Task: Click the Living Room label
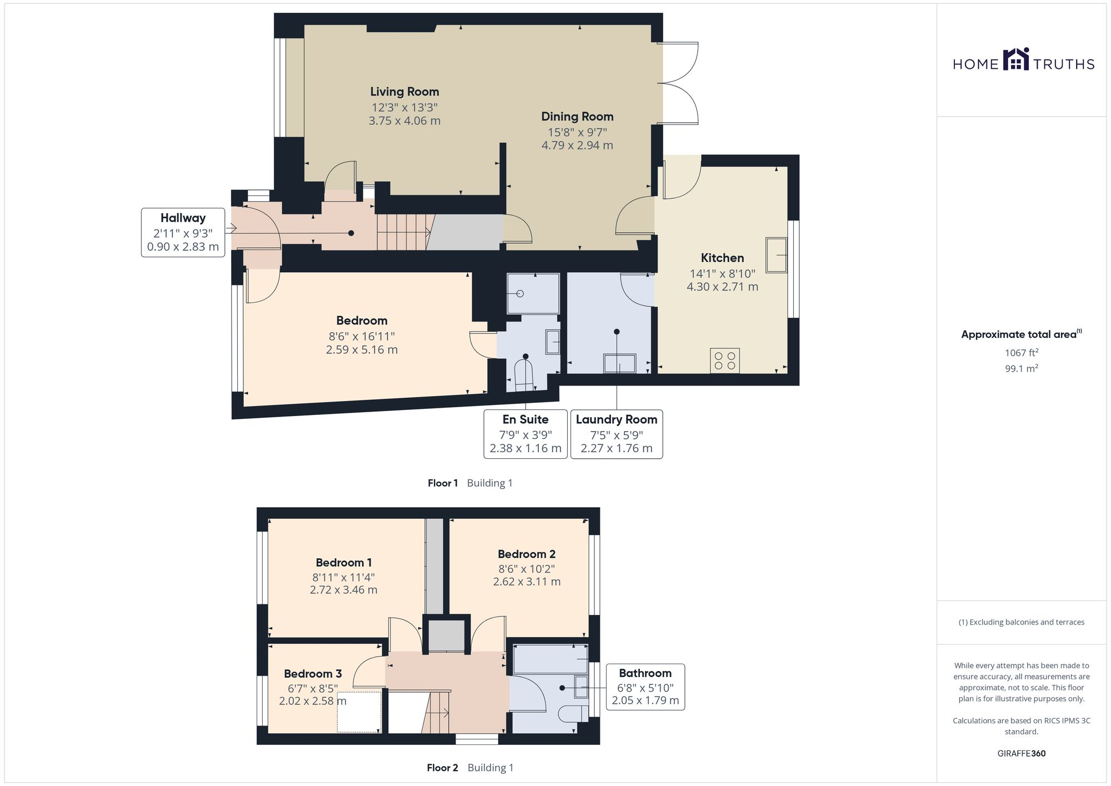pyautogui.click(x=404, y=92)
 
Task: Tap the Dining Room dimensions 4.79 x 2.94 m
pyautogui.click(x=577, y=146)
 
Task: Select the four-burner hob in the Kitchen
pyautogui.click(x=725, y=361)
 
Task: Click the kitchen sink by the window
pyautogui.click(x=777, y=255)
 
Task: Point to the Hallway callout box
pyautogui.click(x=183, y=232)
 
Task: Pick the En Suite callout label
pyautogui.click(x=526, y=419)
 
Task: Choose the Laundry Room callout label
pyautogui.click(x=617, y=419)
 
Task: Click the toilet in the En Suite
pyautogui.click(x=524, y=377)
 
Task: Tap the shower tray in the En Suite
pyautogui.click(x=533, y=293)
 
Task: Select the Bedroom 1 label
pyautogui.click(x=344, y=563)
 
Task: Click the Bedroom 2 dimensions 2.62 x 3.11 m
pyautogui.click(x=527, y=582)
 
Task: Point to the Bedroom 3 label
pyautogui.click(x=313, y=674)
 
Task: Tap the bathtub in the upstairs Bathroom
pyautogui.click(x=551, y=659)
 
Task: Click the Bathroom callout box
pyautogui.click(x=645, y=687)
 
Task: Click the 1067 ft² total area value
pyautogui.click(x=1022, y=353)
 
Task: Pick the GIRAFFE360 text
pyautogui.click(x=1022, y=754)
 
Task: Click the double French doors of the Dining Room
pyautogui.click(x=678, y=83)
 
